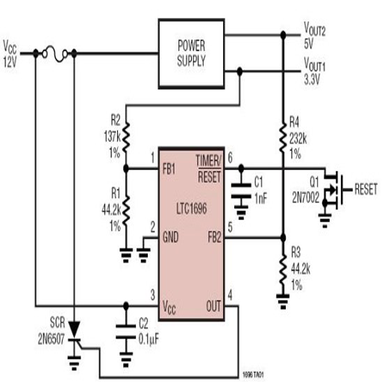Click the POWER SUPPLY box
[192, 54]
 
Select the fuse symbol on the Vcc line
[55, 54]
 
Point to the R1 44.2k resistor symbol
[126, 211]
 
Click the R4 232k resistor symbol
[283, 138]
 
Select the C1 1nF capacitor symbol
[241, 191]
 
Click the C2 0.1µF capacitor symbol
[126, 331]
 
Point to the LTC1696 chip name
[192, 208]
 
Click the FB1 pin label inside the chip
[169, 169]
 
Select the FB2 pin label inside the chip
[214, 237]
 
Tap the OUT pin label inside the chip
[213, 306]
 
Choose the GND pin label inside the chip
[170, 237]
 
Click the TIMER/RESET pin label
[208, 169]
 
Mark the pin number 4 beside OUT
[230, 295]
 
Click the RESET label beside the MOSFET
[366, 190]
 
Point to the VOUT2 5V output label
[314, 35]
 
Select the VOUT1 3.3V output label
[314, 71]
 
